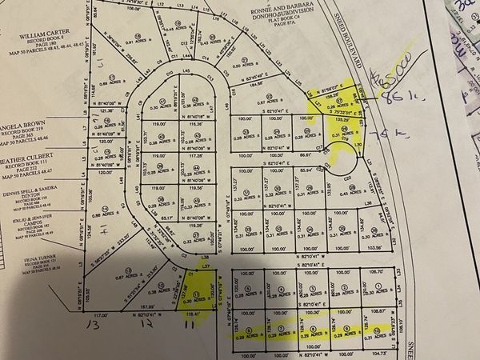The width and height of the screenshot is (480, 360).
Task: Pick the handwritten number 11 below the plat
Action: click(189, 326)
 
